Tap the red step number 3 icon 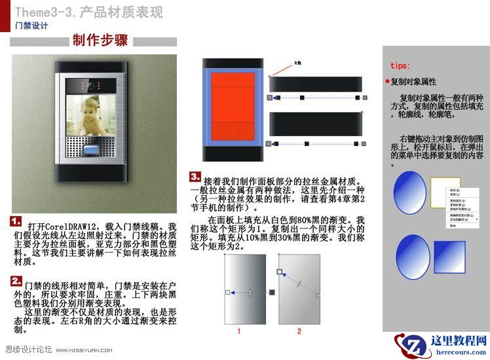pos(195,176)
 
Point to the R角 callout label pos(297,63)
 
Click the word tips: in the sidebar pos(400,66)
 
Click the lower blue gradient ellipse pos(412,257)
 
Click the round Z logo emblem pos(410,346)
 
